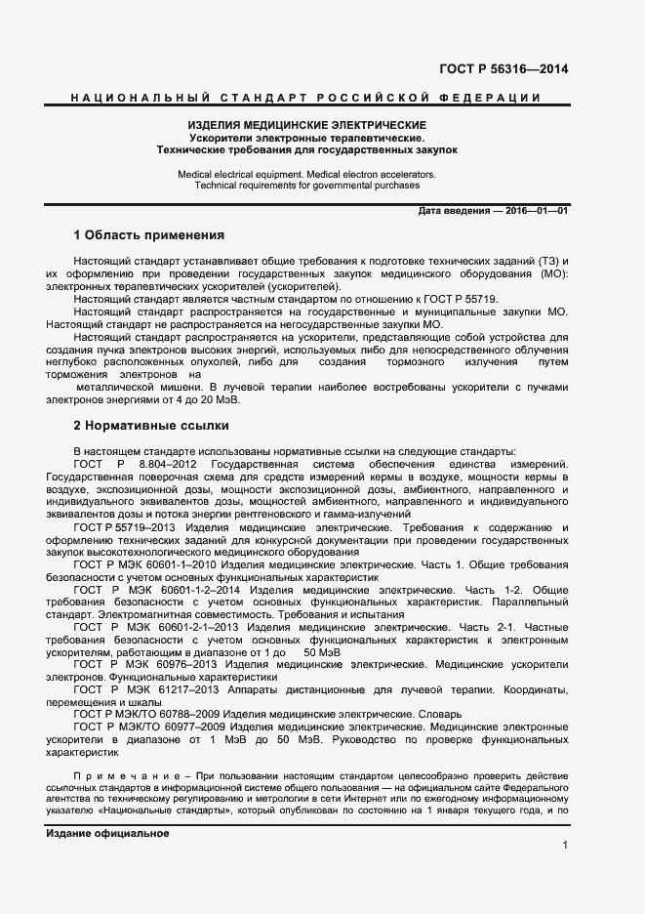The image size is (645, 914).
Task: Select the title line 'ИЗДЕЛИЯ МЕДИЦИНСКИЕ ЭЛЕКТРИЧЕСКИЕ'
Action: click(306, 126)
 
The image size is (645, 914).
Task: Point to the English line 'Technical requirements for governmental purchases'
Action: click(306, 185)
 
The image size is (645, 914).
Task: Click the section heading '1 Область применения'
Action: click(149, 235)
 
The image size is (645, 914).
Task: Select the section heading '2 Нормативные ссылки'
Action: click(151, 426)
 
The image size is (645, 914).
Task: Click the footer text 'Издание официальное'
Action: click(107, 833)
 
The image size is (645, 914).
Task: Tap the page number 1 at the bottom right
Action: click(565, 845)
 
